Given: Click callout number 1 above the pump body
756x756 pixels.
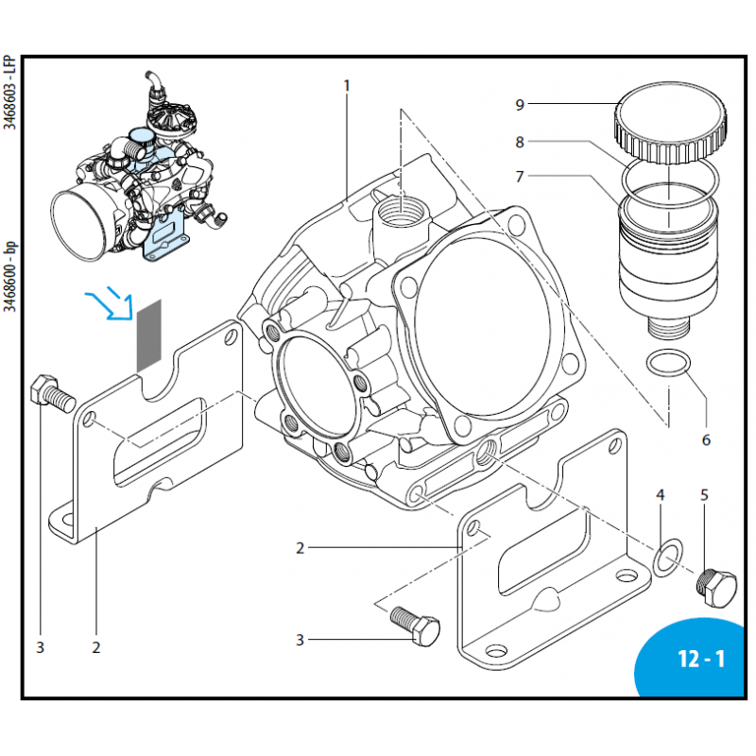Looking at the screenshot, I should click(347, 86).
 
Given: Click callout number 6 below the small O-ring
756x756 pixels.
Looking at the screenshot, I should click(705, 439).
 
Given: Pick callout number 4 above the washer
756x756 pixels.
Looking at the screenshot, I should click(661, 494).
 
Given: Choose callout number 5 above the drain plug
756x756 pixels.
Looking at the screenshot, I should click(704, 494).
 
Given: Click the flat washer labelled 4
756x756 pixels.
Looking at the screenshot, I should click(667, 558).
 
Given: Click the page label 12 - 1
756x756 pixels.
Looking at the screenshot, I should click(700, 659).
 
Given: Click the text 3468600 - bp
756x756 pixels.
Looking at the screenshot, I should click(9, 283).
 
